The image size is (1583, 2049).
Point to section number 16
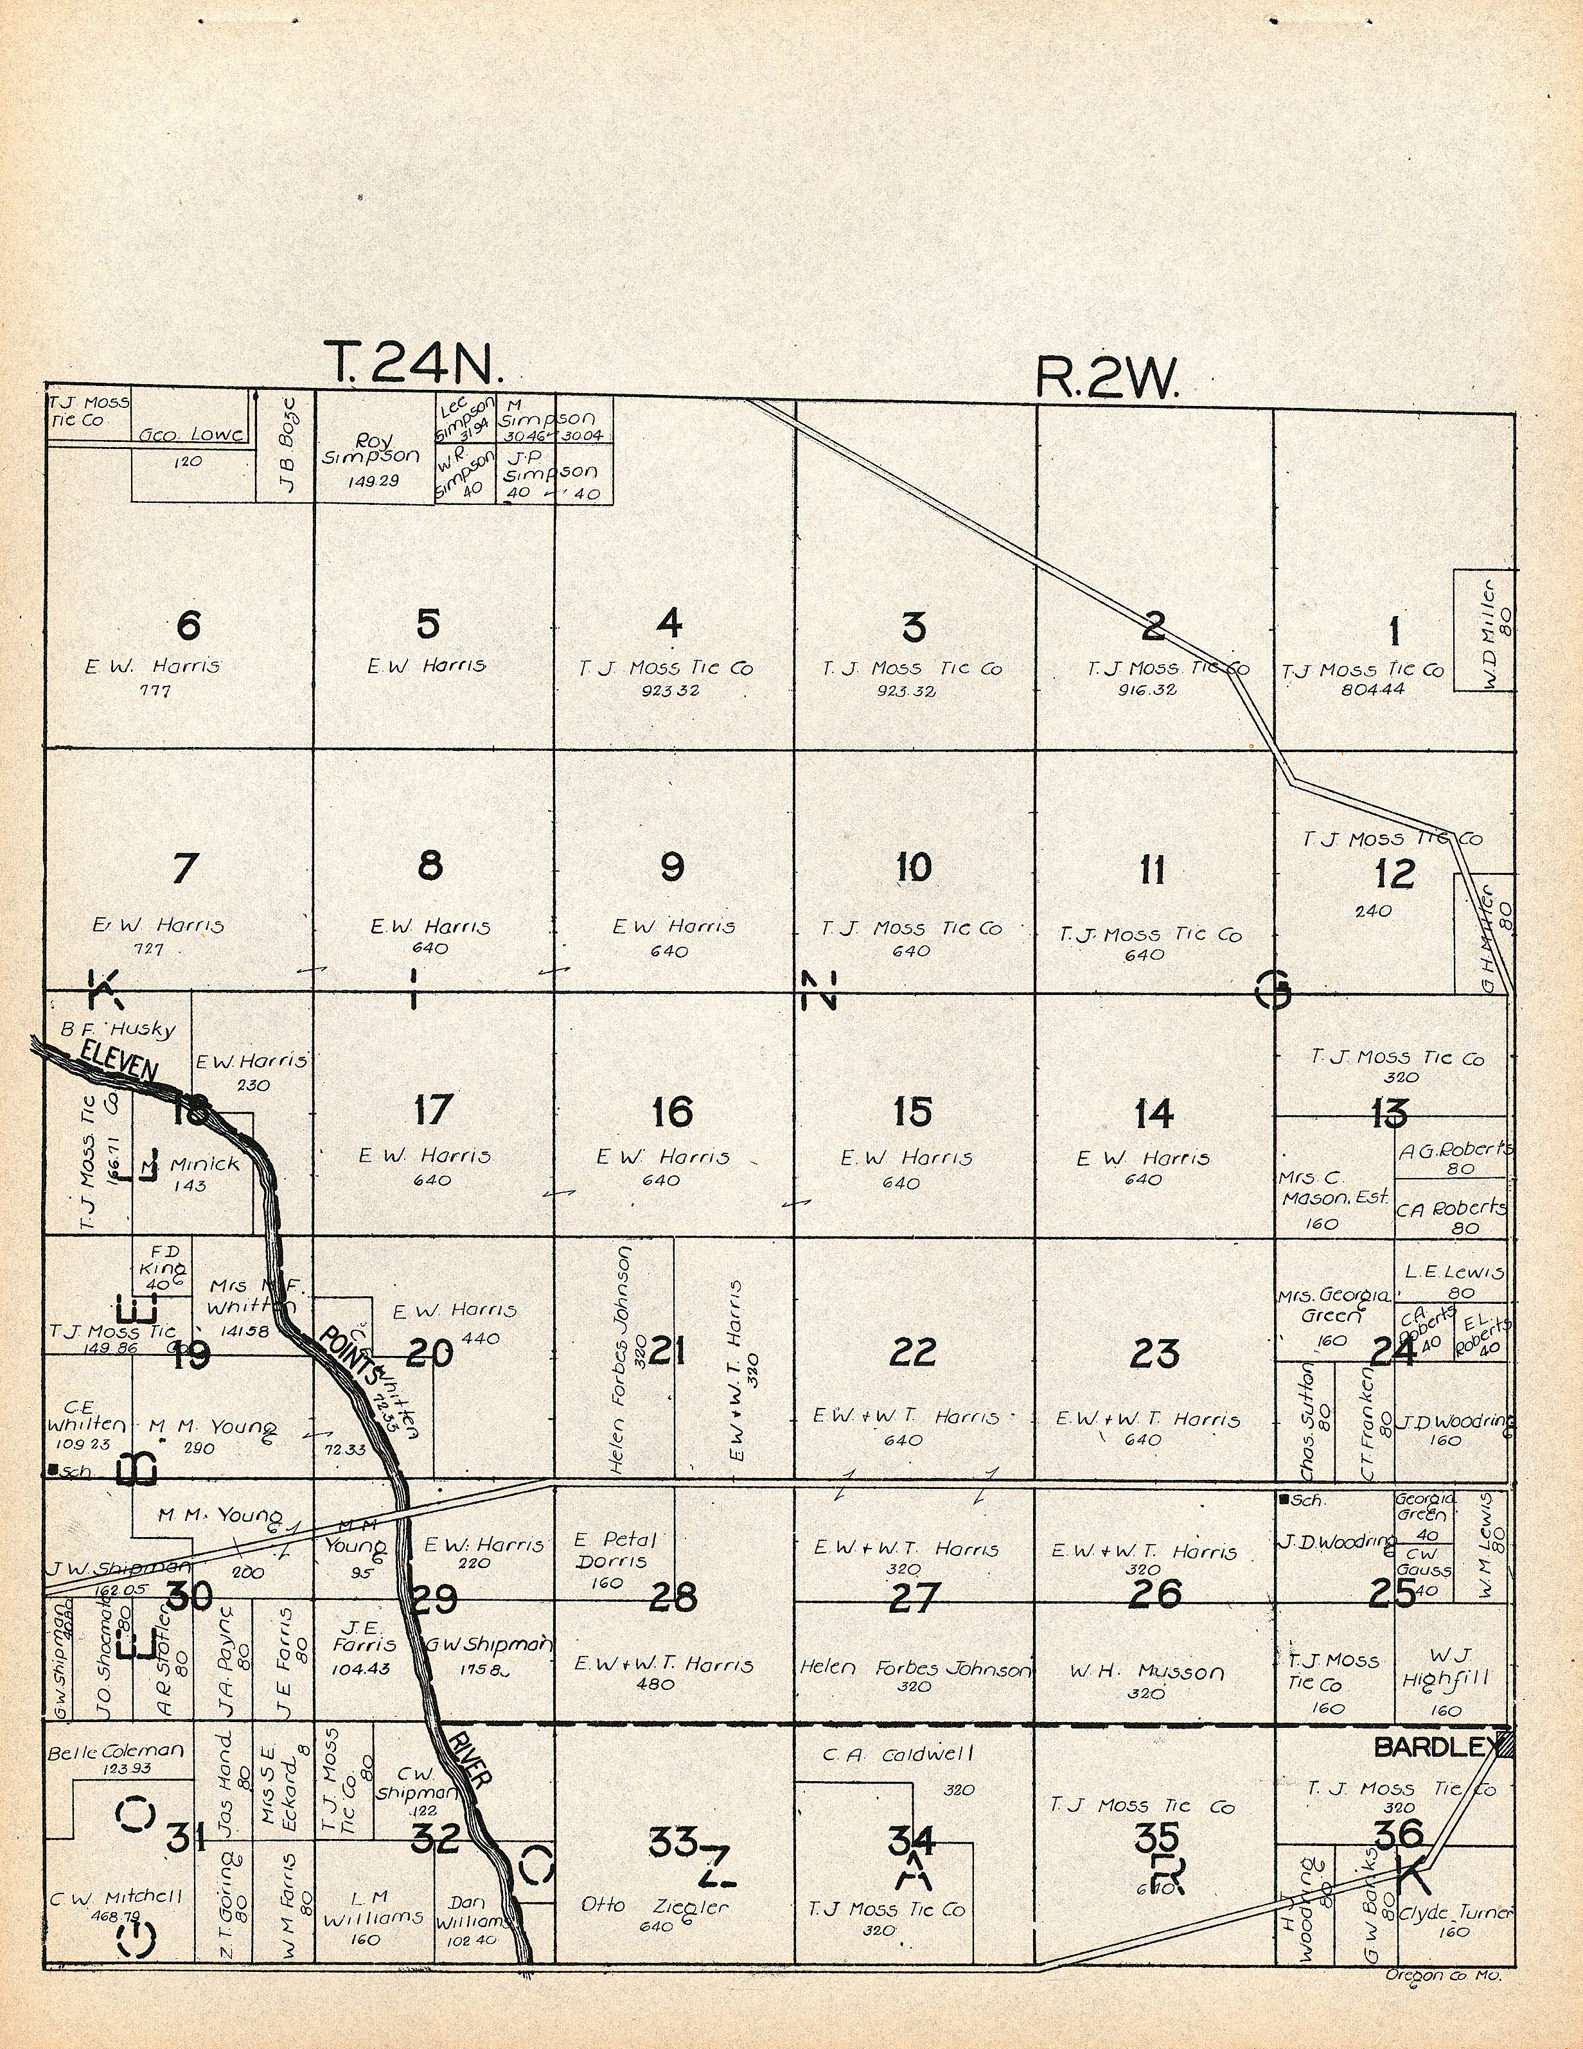[x=672, y=1112]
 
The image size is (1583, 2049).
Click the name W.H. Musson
[x=1147, y=1672]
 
